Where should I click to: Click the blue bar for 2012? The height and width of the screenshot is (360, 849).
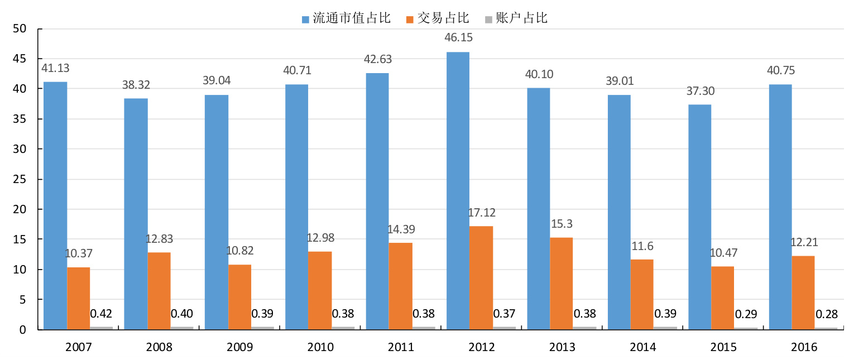[458, 190]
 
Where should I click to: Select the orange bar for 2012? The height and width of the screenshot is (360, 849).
[481, 277]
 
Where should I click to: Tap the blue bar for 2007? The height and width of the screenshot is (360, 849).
[55, 205]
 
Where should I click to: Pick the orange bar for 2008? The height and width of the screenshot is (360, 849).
[159, 290]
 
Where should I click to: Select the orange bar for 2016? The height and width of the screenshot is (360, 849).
[803, 292]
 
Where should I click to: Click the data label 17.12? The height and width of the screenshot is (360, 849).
[482, 213]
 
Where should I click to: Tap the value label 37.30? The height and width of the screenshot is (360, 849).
[699, 91]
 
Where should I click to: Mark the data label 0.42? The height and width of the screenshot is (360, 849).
[101, 313]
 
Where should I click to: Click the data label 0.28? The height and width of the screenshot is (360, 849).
[826, 314]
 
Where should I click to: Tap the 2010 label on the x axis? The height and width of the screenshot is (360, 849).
[320, 347]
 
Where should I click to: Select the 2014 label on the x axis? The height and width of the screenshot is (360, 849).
[643, 347]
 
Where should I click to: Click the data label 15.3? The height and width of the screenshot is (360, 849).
[562, 224]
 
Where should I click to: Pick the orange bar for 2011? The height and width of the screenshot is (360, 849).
[401, 286]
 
